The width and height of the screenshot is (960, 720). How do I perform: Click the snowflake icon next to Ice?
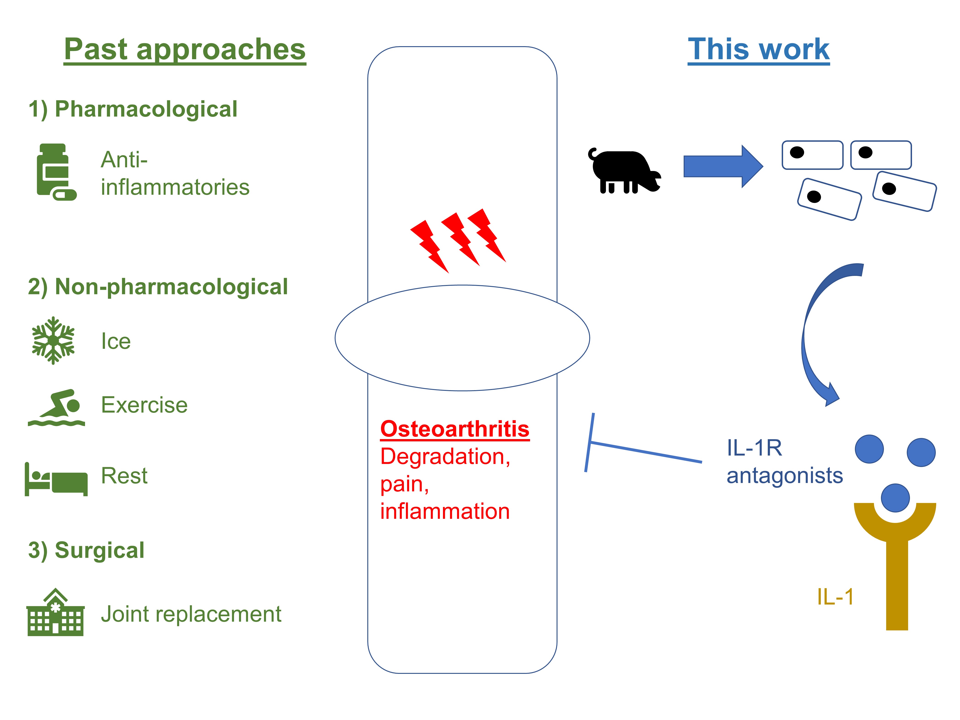tap(53, 341)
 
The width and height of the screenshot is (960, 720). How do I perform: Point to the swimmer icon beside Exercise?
tap(56, 408)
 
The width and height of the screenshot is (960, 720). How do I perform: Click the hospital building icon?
tap(56, 613)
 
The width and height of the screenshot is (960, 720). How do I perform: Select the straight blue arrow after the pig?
tap(723, 166)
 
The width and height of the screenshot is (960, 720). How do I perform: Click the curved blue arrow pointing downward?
tap(816, 334)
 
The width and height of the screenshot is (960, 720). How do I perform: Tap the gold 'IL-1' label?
tap(835, 597)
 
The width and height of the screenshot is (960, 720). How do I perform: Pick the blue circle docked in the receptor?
tap(895, 498)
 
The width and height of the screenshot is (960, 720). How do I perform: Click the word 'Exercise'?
tap(144, 405)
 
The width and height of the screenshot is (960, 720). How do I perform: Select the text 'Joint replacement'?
tap(191, 614)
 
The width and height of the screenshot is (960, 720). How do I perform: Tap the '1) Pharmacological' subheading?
tap(133, 109)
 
